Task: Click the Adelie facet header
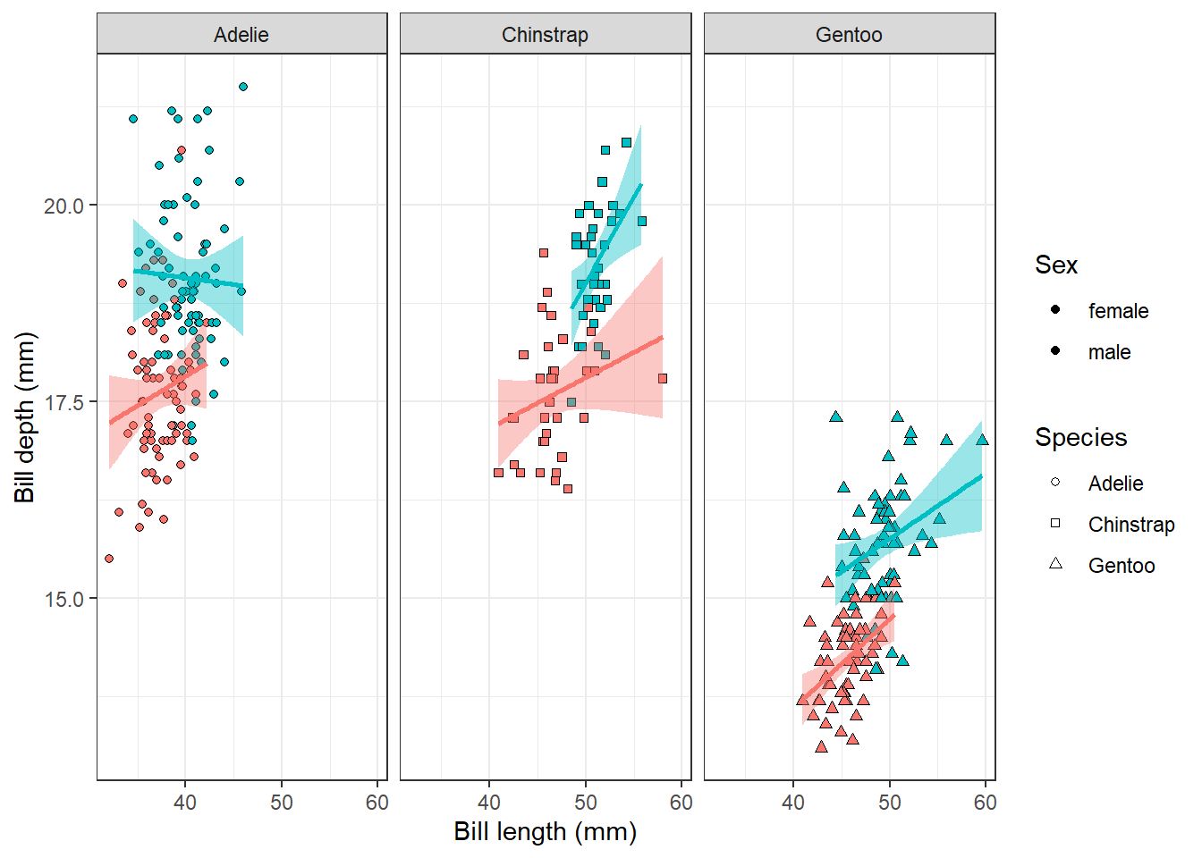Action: [241, 35]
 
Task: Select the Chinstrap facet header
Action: [545, 35]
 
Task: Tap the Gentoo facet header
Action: [849, 35]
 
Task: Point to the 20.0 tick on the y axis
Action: [63, 206]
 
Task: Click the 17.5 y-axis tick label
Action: [63, 402]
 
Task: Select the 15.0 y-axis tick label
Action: [63, 599]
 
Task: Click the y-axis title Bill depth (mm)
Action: [25, 416]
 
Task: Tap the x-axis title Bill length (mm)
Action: [545, 831]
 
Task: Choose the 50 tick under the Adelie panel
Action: [281, 803]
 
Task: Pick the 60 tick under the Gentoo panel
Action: [985, 803]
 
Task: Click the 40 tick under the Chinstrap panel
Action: [489, 803]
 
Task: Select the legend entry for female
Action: [1118, 311]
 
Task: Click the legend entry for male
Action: [1109, 352]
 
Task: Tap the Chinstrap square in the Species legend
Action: [1055, 524]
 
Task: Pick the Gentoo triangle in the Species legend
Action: [1055, 564]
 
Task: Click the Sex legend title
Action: [1056, 265]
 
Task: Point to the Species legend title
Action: [1080, 437]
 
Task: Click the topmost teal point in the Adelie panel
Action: [243, 87]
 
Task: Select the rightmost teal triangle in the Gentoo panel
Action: [982, 440]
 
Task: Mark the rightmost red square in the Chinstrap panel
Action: [663, 379]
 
